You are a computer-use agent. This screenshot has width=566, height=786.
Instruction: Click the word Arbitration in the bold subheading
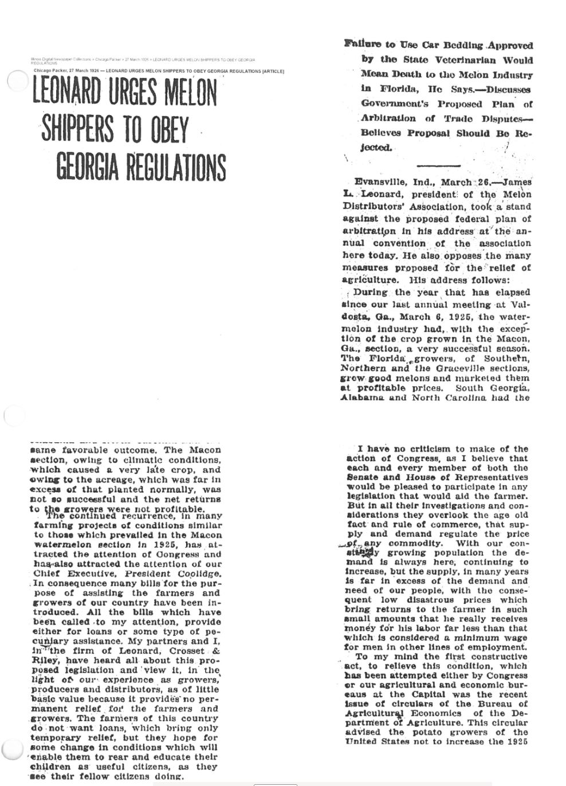coord(388,119)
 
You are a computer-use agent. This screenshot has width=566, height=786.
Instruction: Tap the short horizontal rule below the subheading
coord(438,165)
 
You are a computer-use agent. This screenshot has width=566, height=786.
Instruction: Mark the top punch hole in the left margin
coord(15,80)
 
